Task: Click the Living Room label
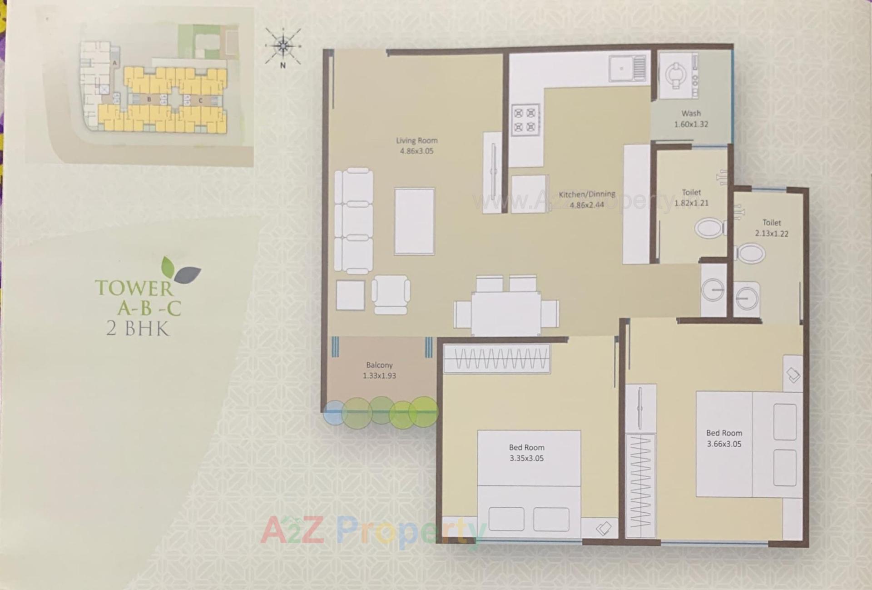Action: click(x=416, y=140)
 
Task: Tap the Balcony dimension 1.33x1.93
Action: click(x=379, y=376)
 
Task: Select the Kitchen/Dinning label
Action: click(x=587, y=195)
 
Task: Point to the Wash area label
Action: click(x=691, y=114)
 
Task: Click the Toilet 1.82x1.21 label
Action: click(x=691, y=198)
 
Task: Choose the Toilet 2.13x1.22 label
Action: click(x=772, y=228)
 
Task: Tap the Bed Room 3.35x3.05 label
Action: click(x=526, y=453)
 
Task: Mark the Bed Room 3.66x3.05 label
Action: click(x=724, y=438)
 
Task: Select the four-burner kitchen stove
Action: click(x=525, y=120)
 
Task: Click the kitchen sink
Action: click(x=627, y=69)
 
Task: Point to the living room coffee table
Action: click(x=414, y=221)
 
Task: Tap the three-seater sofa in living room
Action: click(x=354, y=221)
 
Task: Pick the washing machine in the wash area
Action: click(x=677, y=75)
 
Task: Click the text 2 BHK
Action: click(x=138, y=328)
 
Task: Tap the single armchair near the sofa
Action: click(x=391, y=294)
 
